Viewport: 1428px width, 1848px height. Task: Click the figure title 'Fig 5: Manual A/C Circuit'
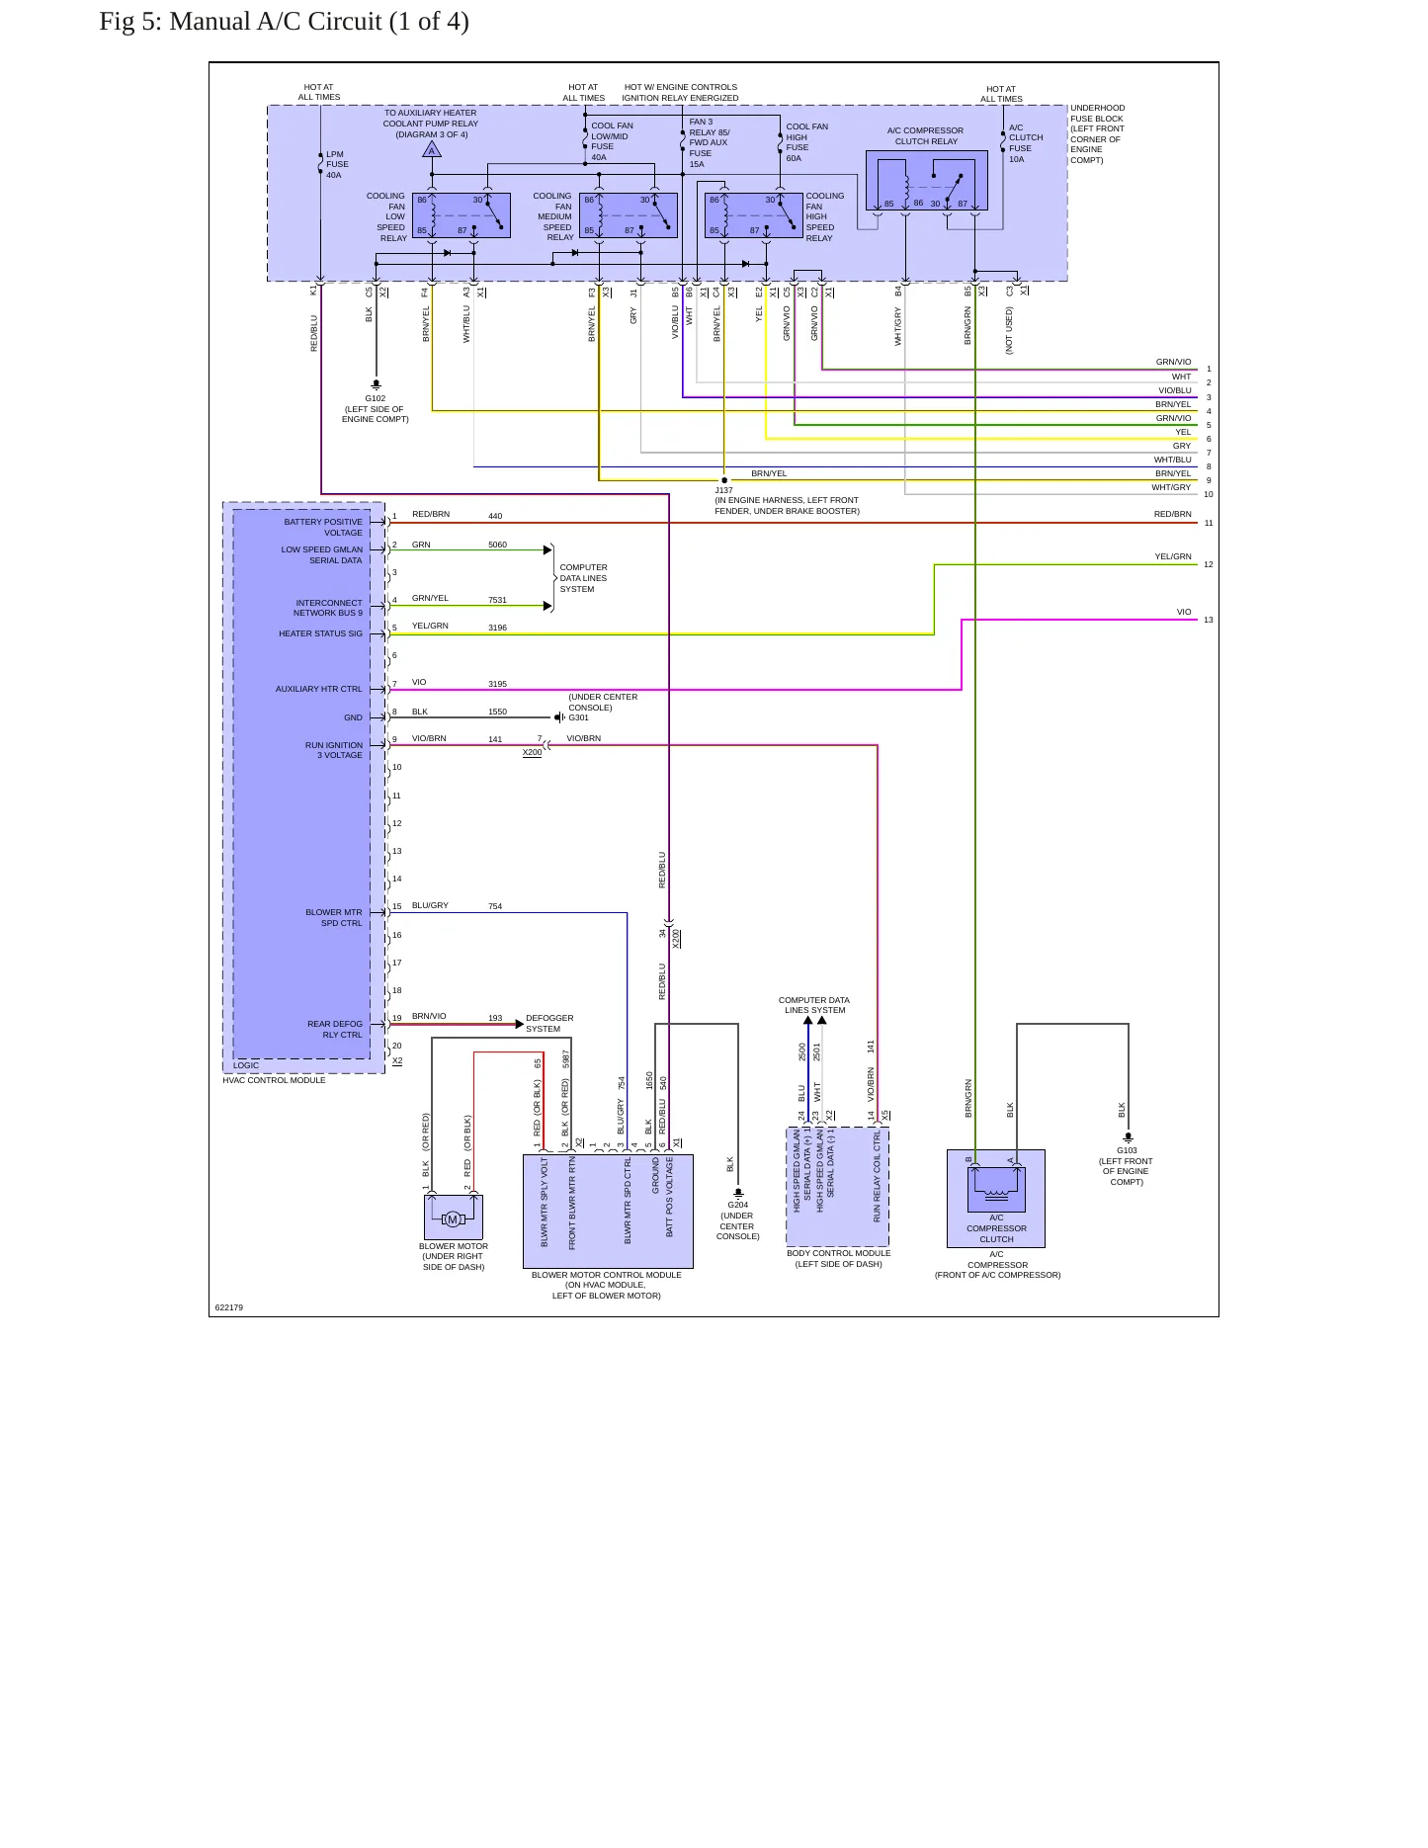(x=284, y=22)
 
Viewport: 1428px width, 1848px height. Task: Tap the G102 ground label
(x=376, y=398)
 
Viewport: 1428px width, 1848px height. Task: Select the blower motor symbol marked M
(x=453, y=1219)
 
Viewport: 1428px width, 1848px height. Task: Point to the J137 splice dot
(x=724, y=480)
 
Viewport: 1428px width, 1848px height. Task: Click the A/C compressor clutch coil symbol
(x=996, y=1187)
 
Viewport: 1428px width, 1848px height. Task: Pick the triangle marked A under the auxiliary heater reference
(x=432, y=150)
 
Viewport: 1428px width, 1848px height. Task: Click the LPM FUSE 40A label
(x=337, y=165)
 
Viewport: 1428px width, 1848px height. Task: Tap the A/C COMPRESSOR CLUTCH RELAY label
(x=925, y=135)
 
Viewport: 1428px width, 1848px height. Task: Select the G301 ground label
(x=579, y=717)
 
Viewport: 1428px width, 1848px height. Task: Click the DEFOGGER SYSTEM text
(x=549, y=1023)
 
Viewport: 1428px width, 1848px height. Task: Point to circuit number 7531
(x=497, y=600)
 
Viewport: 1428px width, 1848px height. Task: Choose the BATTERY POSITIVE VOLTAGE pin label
(x=323, y=527)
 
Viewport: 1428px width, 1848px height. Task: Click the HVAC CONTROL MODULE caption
(x=274, y=1080)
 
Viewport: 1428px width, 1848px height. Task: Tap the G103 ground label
(x=1128, y=1150)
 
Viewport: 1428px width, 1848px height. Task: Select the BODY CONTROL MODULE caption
(x=838, y=1253)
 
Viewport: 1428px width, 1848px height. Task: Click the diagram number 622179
(x=229, y=1307)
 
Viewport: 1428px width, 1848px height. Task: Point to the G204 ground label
(x=738, y=1205)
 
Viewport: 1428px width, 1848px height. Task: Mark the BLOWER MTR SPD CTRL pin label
(x=334, y=918)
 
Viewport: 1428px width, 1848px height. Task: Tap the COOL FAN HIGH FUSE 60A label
(x=807, y=142)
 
